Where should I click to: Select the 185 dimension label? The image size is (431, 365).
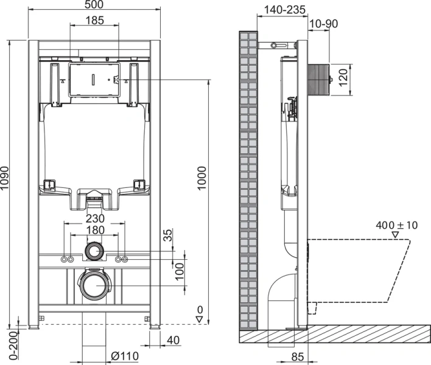[94, 20]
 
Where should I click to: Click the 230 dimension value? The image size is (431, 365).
[94, 218]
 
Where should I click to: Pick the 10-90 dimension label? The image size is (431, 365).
[323, 24]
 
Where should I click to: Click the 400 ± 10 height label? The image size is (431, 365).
[396, 225]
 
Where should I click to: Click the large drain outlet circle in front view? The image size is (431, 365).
[94, 285]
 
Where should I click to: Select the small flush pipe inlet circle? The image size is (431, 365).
[94, 250]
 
